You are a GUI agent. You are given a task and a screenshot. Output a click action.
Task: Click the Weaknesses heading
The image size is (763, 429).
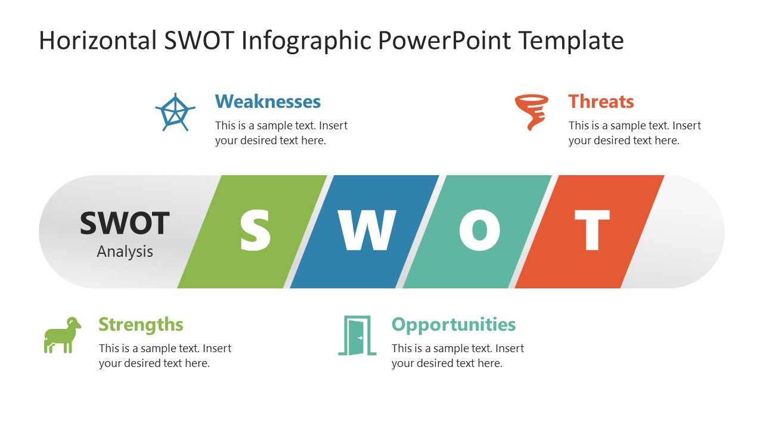click(x=268, y=101)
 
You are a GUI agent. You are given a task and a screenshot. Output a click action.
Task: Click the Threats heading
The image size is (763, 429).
click(x=601, y=101)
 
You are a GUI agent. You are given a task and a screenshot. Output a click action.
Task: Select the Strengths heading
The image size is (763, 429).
click(x=141, y=324)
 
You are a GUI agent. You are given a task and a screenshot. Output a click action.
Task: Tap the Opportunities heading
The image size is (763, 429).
click(x=454, y=324)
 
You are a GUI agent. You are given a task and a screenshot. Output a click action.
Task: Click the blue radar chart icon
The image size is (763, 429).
click(x=175, y=113)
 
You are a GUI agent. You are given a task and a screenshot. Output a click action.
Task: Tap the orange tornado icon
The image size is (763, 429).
click(x=531, y=111)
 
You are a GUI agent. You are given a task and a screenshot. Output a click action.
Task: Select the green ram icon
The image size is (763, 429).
click(x=61, y=335)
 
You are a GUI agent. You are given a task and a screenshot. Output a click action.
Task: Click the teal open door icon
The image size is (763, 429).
click(x=357, y=335)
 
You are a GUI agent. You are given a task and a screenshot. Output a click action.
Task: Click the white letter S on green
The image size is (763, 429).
click(x=255, y=231)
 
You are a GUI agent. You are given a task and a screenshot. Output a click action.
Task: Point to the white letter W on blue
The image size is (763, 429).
click(x=367, y=231)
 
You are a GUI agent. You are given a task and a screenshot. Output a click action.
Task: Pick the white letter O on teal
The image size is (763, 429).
click(x=479, y=231)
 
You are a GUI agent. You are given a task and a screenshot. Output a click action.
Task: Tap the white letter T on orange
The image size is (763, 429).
click(x=592, y=231)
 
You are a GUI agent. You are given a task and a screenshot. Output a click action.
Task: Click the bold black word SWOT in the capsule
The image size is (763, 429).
click(x=125, y=223)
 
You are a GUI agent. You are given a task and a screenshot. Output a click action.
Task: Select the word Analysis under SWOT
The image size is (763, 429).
click(x=125, y=251)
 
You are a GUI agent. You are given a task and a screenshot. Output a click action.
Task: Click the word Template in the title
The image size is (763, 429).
click(x=570, y=41)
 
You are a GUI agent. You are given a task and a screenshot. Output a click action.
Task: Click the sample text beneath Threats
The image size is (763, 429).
click(x=634, y=133)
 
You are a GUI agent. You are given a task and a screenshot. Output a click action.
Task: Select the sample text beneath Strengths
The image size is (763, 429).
click(x=165, y=356)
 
